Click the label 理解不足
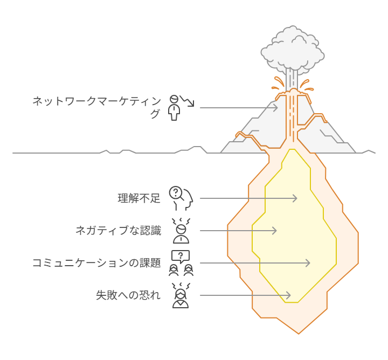pos(139,198)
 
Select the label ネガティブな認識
pos(119,231)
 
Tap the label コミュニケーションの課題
pos(97,263)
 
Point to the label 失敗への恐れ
pos(128,295)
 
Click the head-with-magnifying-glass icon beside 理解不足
pos(181,198)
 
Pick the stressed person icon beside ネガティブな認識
pos(181,231)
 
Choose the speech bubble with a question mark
pos(181,257)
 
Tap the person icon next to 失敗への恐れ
pos(181,295)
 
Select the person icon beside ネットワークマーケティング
pos(174,108)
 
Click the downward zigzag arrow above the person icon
pos(187,101)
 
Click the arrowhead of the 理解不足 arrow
pos(295,198)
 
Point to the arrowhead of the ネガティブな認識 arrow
pos(274,231)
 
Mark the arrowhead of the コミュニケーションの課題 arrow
pos(308,263)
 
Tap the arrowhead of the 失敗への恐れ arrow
pos(288,295)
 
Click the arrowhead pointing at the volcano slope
pos(275,108)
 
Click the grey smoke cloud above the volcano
pos(293,49)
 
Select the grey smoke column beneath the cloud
pos(292,79)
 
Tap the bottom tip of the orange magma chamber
pos(299,334)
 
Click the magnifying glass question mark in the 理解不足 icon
pos(176,192)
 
